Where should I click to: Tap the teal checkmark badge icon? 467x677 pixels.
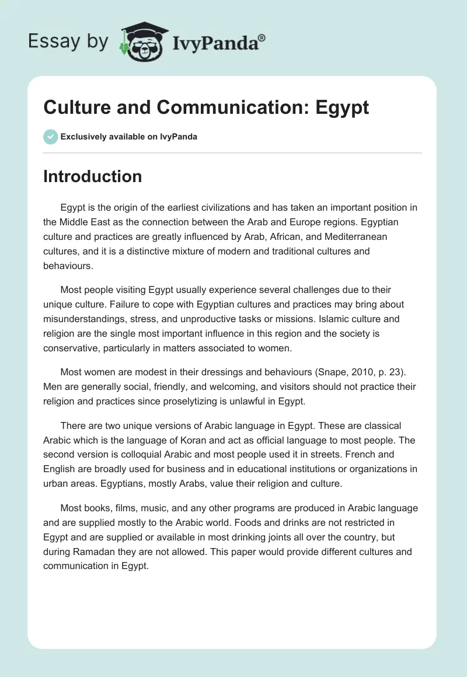[50, 137]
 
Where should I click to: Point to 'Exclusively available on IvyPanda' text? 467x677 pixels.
[128, 137]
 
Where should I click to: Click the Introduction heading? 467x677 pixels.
[92, 176]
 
